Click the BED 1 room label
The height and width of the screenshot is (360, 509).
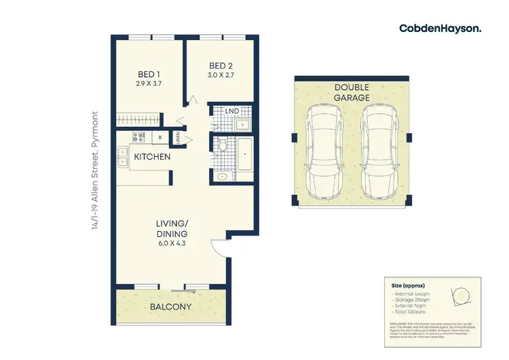[x=149, y=74]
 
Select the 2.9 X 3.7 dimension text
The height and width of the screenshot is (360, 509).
[x=149, y=84]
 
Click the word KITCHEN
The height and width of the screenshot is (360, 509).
[x=151, y=157]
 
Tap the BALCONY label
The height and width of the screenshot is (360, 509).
[x=170, y=307]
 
